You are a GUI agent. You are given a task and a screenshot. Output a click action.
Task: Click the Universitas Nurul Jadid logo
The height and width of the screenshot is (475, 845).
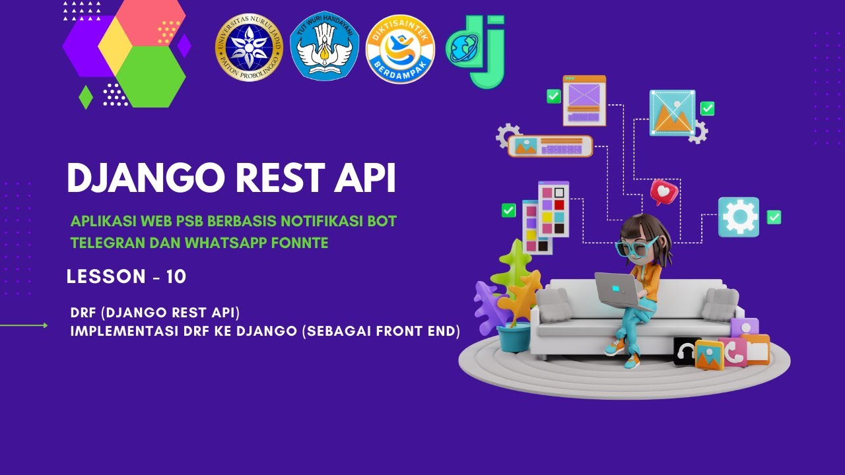point(249,47)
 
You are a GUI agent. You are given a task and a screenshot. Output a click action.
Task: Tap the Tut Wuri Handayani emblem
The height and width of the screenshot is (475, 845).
point(324,46)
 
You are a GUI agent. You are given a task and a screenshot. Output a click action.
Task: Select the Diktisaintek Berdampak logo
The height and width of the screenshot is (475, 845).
point(400,49)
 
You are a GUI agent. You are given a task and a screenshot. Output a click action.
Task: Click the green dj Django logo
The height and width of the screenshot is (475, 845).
point(477,50)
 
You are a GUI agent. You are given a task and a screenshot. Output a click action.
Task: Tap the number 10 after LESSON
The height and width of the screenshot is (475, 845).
point(176,277)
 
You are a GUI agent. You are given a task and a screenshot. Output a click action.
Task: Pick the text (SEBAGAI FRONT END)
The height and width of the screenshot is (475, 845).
point(381,331)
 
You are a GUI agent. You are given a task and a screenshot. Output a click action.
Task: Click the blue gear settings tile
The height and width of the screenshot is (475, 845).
point(739,216)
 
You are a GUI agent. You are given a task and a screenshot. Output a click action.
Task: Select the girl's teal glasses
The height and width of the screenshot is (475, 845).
point(634,246)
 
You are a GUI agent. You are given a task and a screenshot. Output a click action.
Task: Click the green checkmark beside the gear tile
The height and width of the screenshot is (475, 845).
point(774,217)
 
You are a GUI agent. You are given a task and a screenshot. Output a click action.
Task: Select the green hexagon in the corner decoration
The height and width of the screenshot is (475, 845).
point(151,76)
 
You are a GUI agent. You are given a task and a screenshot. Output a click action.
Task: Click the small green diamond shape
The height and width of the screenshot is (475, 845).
point(86,97)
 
